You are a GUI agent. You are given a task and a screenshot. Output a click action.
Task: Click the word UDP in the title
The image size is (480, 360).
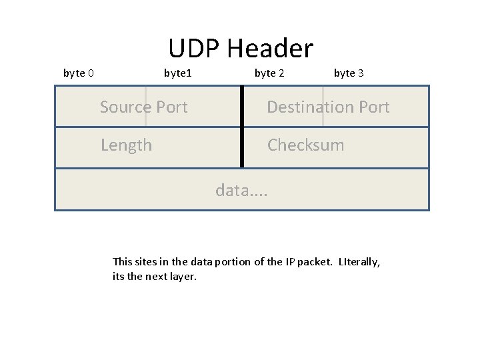coord(194,49)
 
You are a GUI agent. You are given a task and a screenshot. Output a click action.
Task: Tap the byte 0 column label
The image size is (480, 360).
coord(78,73)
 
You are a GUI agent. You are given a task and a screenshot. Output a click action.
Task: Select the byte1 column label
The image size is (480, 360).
coord(177,73)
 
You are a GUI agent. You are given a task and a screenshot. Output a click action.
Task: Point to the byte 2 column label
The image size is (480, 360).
coord(269,73)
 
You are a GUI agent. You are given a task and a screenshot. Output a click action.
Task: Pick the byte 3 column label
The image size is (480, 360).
coord(349,73)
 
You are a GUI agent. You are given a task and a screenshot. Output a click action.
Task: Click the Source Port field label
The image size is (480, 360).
coord(143,107)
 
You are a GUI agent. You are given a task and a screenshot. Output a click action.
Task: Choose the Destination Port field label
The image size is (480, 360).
coord(328,107)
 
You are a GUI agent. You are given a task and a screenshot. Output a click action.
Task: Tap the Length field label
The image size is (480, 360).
coord(126,145)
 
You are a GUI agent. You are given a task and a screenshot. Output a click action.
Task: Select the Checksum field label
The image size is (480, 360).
coord(305,145)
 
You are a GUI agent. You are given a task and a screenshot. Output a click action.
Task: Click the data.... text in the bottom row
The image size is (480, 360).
coord(241,191)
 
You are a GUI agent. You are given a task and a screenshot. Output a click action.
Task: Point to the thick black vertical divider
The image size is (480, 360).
coord(241,127)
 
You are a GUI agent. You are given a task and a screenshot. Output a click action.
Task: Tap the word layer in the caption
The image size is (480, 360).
coord(183,277)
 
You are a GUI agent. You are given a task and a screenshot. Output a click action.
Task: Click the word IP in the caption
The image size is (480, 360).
coord(291,262)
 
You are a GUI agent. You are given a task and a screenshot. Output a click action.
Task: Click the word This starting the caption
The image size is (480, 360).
coord(123,262)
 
